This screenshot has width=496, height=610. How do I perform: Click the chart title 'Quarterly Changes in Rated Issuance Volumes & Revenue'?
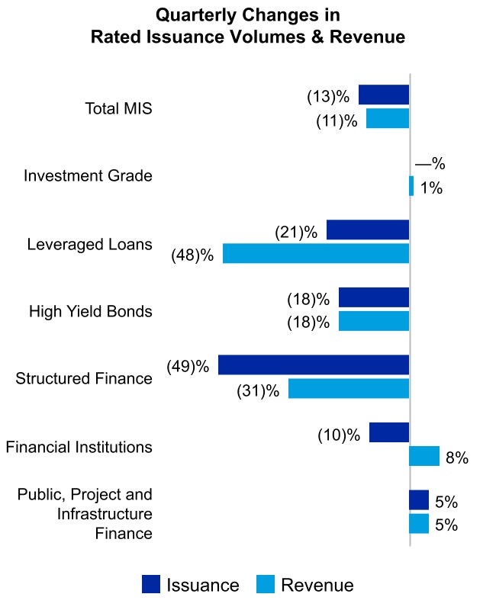[x=247, y=26]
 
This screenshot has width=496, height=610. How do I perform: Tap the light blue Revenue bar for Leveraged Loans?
[x=316, y=254]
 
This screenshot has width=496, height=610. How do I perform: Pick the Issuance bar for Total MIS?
[x=384, y=95]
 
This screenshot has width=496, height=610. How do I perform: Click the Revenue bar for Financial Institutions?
[x=424, y=456]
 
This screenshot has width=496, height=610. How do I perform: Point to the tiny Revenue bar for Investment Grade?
[x=411, y=186]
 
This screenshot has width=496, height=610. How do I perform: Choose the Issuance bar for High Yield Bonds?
[x=374, y=297]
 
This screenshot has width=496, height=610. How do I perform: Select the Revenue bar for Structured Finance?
[x=349, y=389]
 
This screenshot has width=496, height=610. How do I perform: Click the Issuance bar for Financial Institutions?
[x=389, y=432]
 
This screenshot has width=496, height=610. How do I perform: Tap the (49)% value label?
[x=188, y=366]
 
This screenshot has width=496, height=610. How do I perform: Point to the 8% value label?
[x=456, y=458]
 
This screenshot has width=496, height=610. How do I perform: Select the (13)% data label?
[x=328, y=97]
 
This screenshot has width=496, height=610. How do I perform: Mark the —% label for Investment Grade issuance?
[x=430, y=164]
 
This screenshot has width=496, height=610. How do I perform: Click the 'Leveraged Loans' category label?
[x=89, y=245]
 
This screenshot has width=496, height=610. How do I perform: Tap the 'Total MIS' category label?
[x=118, y=108]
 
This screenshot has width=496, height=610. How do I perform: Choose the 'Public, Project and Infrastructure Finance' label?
[x=85, y=514]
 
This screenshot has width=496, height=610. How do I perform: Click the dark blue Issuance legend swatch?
[x=152, y=585]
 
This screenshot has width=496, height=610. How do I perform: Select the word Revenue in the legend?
[x=317, y=585]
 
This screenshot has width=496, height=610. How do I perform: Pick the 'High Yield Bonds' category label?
[x=91, y=311]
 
